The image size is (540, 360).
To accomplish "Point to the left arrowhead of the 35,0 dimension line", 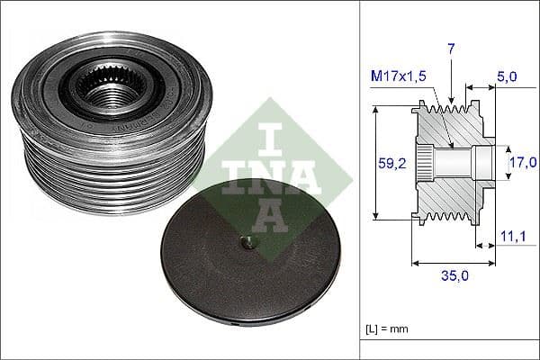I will tap(415, 264).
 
